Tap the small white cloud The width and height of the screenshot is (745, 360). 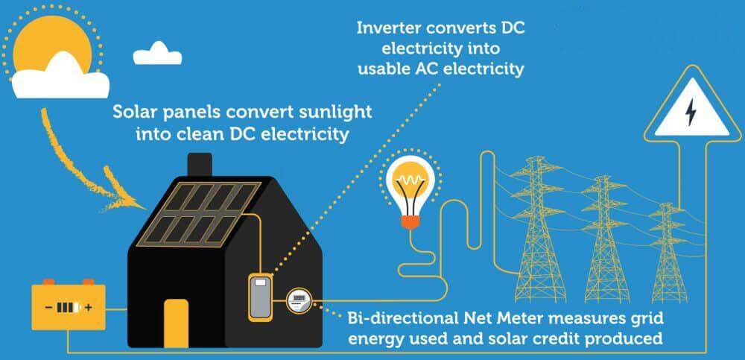[x=157, y=54]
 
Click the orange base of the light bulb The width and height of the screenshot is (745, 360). [x=410, y=222]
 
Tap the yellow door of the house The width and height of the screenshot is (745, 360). [x=177, y=323]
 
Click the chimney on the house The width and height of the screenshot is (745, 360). [x=200, y=165]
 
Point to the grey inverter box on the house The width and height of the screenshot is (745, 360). [x=260, y=297]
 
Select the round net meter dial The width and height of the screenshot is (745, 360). [x=299, y=300]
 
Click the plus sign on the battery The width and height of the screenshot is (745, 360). [x=89, y=308]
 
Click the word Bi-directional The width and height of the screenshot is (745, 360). [x=403, y=318]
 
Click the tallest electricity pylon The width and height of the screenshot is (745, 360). [x=541, y=230]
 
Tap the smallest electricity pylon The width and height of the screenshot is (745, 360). [x=670, y=253]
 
